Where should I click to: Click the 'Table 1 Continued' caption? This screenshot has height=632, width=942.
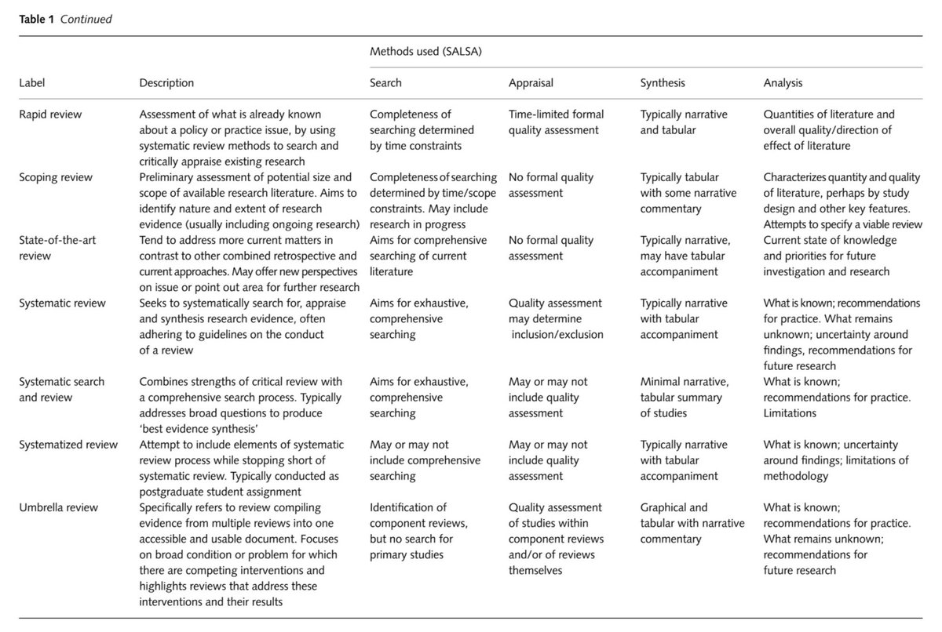click(66, 20)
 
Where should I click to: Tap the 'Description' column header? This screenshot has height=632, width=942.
click(166, 82)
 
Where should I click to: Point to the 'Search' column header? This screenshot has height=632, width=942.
click(385, 82)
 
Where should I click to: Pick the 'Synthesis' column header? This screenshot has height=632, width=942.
click(663, 82)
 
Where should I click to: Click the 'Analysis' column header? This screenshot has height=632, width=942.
click(783, 82)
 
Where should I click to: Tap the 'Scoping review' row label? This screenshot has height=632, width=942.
click(56, 177)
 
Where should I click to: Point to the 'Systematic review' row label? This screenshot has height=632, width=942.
click(62, 303)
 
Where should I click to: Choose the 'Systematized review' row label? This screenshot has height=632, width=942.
click(68, 445)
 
